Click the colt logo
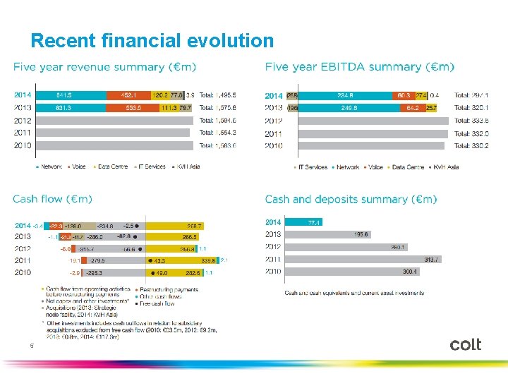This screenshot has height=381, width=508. [x=465, y=344]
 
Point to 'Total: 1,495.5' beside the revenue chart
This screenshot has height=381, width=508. [x=217, y=95]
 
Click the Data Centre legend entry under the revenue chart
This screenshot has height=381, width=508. [x=111, y=167]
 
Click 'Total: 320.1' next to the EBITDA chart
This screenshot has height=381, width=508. [x=472, y=108]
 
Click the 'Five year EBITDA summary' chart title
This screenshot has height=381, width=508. [x=359, y=67]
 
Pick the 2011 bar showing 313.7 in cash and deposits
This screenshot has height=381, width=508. [x=367, y=259]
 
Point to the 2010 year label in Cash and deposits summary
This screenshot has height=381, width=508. [x=273, y=271]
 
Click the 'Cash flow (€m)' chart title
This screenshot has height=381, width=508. [x=52, y=200]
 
